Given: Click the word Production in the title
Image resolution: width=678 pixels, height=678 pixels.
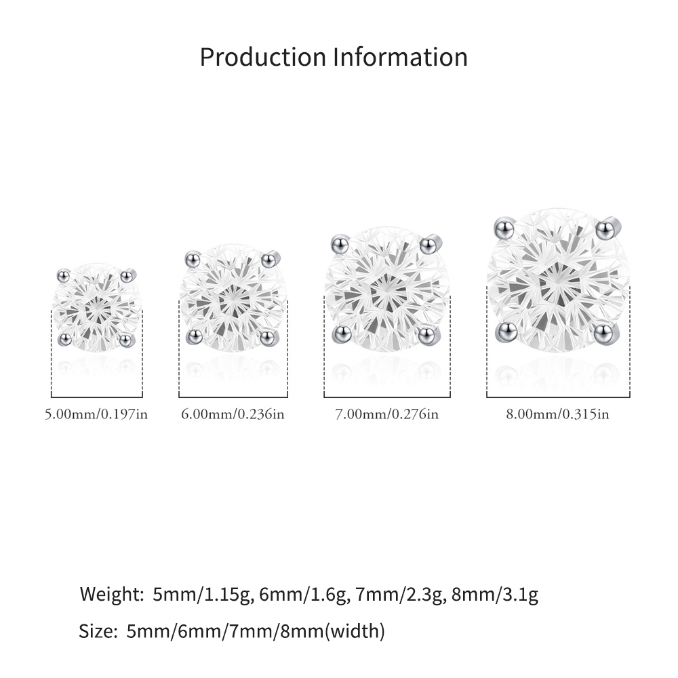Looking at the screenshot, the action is (x=263, y=57).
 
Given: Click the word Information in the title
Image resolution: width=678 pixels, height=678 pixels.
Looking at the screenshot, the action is (x=401, y=57).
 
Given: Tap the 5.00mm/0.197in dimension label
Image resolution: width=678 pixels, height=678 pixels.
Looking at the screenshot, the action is (x=96, y=414).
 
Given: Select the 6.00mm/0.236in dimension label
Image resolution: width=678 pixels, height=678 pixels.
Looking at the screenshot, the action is (x=233, y=414).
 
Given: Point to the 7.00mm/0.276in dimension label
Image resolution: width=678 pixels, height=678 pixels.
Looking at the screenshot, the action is (x=387, y=414).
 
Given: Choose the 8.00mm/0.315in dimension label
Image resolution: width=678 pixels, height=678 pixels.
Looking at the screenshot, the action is (x=558, y=414).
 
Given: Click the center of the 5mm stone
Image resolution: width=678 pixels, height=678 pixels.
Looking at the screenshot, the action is (x=97, y=307).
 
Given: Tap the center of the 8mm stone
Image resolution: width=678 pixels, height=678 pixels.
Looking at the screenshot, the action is (x=558, y=280).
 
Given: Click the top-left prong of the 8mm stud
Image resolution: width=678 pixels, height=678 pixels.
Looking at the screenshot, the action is (x=504, y=228).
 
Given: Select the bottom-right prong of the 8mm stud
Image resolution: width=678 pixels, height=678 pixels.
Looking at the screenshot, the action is (x=604, y=333).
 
